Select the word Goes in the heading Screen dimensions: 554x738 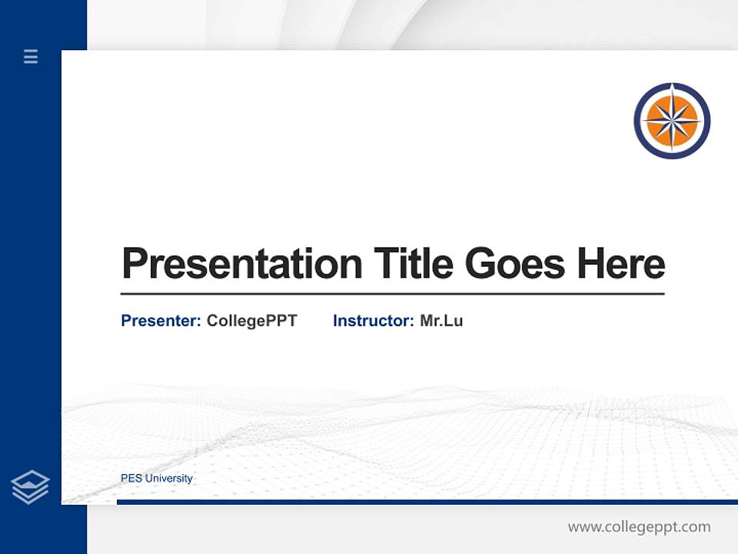(x=515, y=264)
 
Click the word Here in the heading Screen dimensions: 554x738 (x=621, y=264)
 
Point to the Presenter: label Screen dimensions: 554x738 (x=161, y=321)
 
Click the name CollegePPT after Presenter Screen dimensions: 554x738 (x=251, y=321)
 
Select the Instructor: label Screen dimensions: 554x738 (x=373, y=321)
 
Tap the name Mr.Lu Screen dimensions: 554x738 (x=441, y=321)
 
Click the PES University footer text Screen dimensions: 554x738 (x=157, y=479)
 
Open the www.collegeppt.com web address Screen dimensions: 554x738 (x=639, y=527)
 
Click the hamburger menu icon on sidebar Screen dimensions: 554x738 (x=31, y=56)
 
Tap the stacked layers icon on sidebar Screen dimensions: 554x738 (x=30, y=487)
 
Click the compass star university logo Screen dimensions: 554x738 (x=672, y=121)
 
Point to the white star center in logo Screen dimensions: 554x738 (x=672, y=121)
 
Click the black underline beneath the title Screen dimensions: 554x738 (x=392, y=293)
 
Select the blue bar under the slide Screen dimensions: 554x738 (x=427, y=502)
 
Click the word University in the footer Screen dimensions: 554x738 (x=169, y=479)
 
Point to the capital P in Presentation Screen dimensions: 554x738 (x=134, y=264)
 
